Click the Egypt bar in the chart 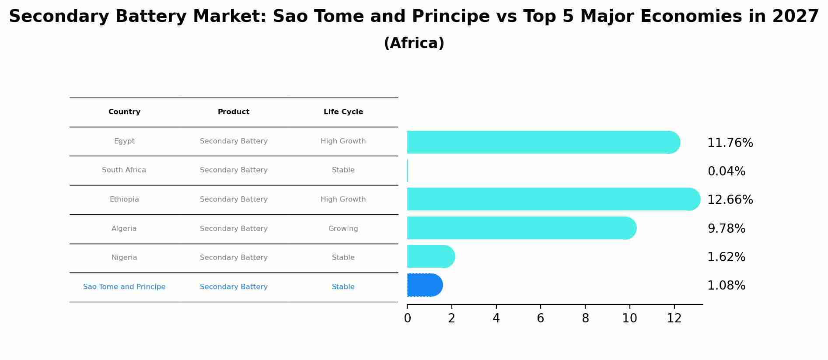click(544, 142)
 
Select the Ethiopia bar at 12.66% click(554, 199)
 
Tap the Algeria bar click(522, 228)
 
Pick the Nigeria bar click(431, 256)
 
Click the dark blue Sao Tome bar click(425, 285)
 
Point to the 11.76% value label click(730, 143)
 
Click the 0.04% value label click(726, 171)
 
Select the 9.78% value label click(726, 229)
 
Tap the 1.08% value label click(726, 286)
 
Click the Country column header click(124, 112)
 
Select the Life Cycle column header click(343, 112)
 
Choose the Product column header click(234, 112)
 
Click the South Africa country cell click(124, 170)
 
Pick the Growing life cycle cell click(343, 229)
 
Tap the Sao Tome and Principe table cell click(124, 287)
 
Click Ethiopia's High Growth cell click(343, 199)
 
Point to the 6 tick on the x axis click(541, 318)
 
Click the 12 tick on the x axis click(674, 318)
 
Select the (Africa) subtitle click(414, 43)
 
